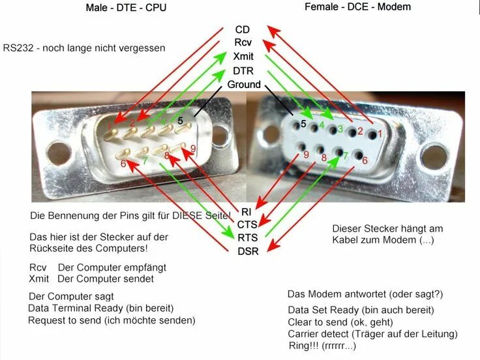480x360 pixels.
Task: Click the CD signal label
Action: click(x=241, y=29)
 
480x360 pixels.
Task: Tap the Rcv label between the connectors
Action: click(x=243, y=43)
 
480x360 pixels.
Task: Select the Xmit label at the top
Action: click(x=243, y=57)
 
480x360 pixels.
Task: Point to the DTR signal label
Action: click(x=243, y=70)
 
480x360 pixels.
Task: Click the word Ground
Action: click(x=244, y=85)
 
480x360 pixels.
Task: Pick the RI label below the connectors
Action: click(x=246, y=211)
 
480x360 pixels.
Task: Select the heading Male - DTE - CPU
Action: click(x=125, y=8)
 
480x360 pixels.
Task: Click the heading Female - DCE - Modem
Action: click(x=358, y=7)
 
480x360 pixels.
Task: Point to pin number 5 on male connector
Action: click(x=181, y=121)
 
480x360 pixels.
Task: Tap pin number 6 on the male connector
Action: click(x=123, y=164)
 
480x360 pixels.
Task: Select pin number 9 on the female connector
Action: click(x=305, y=155)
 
